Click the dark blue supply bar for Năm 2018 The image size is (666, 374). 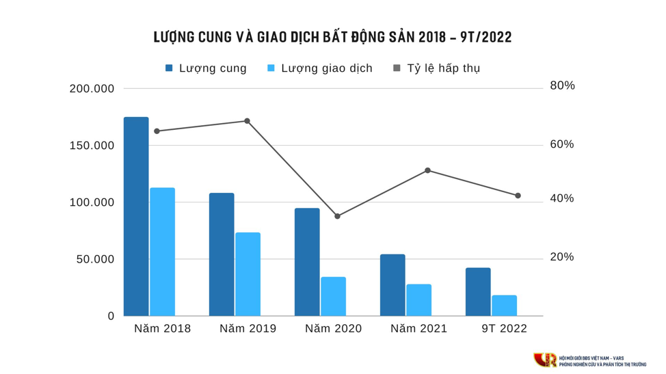135,216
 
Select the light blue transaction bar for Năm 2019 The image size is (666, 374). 248,274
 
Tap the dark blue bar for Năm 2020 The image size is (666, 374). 307,262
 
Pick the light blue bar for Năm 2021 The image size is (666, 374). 418,299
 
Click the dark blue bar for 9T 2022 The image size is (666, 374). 478,292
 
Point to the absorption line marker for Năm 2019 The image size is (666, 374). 247,121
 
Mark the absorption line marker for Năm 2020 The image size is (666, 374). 337,216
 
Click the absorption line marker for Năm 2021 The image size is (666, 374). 427,170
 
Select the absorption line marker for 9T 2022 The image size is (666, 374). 518,196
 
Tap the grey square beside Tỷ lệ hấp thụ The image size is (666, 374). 397,68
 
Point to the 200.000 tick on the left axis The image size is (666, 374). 92,89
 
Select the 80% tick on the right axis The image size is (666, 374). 562,86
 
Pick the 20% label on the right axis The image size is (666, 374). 562,258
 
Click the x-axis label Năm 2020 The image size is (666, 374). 333,329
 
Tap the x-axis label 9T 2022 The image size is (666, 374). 504,329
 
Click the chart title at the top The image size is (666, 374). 333,37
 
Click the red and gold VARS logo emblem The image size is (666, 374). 545,360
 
